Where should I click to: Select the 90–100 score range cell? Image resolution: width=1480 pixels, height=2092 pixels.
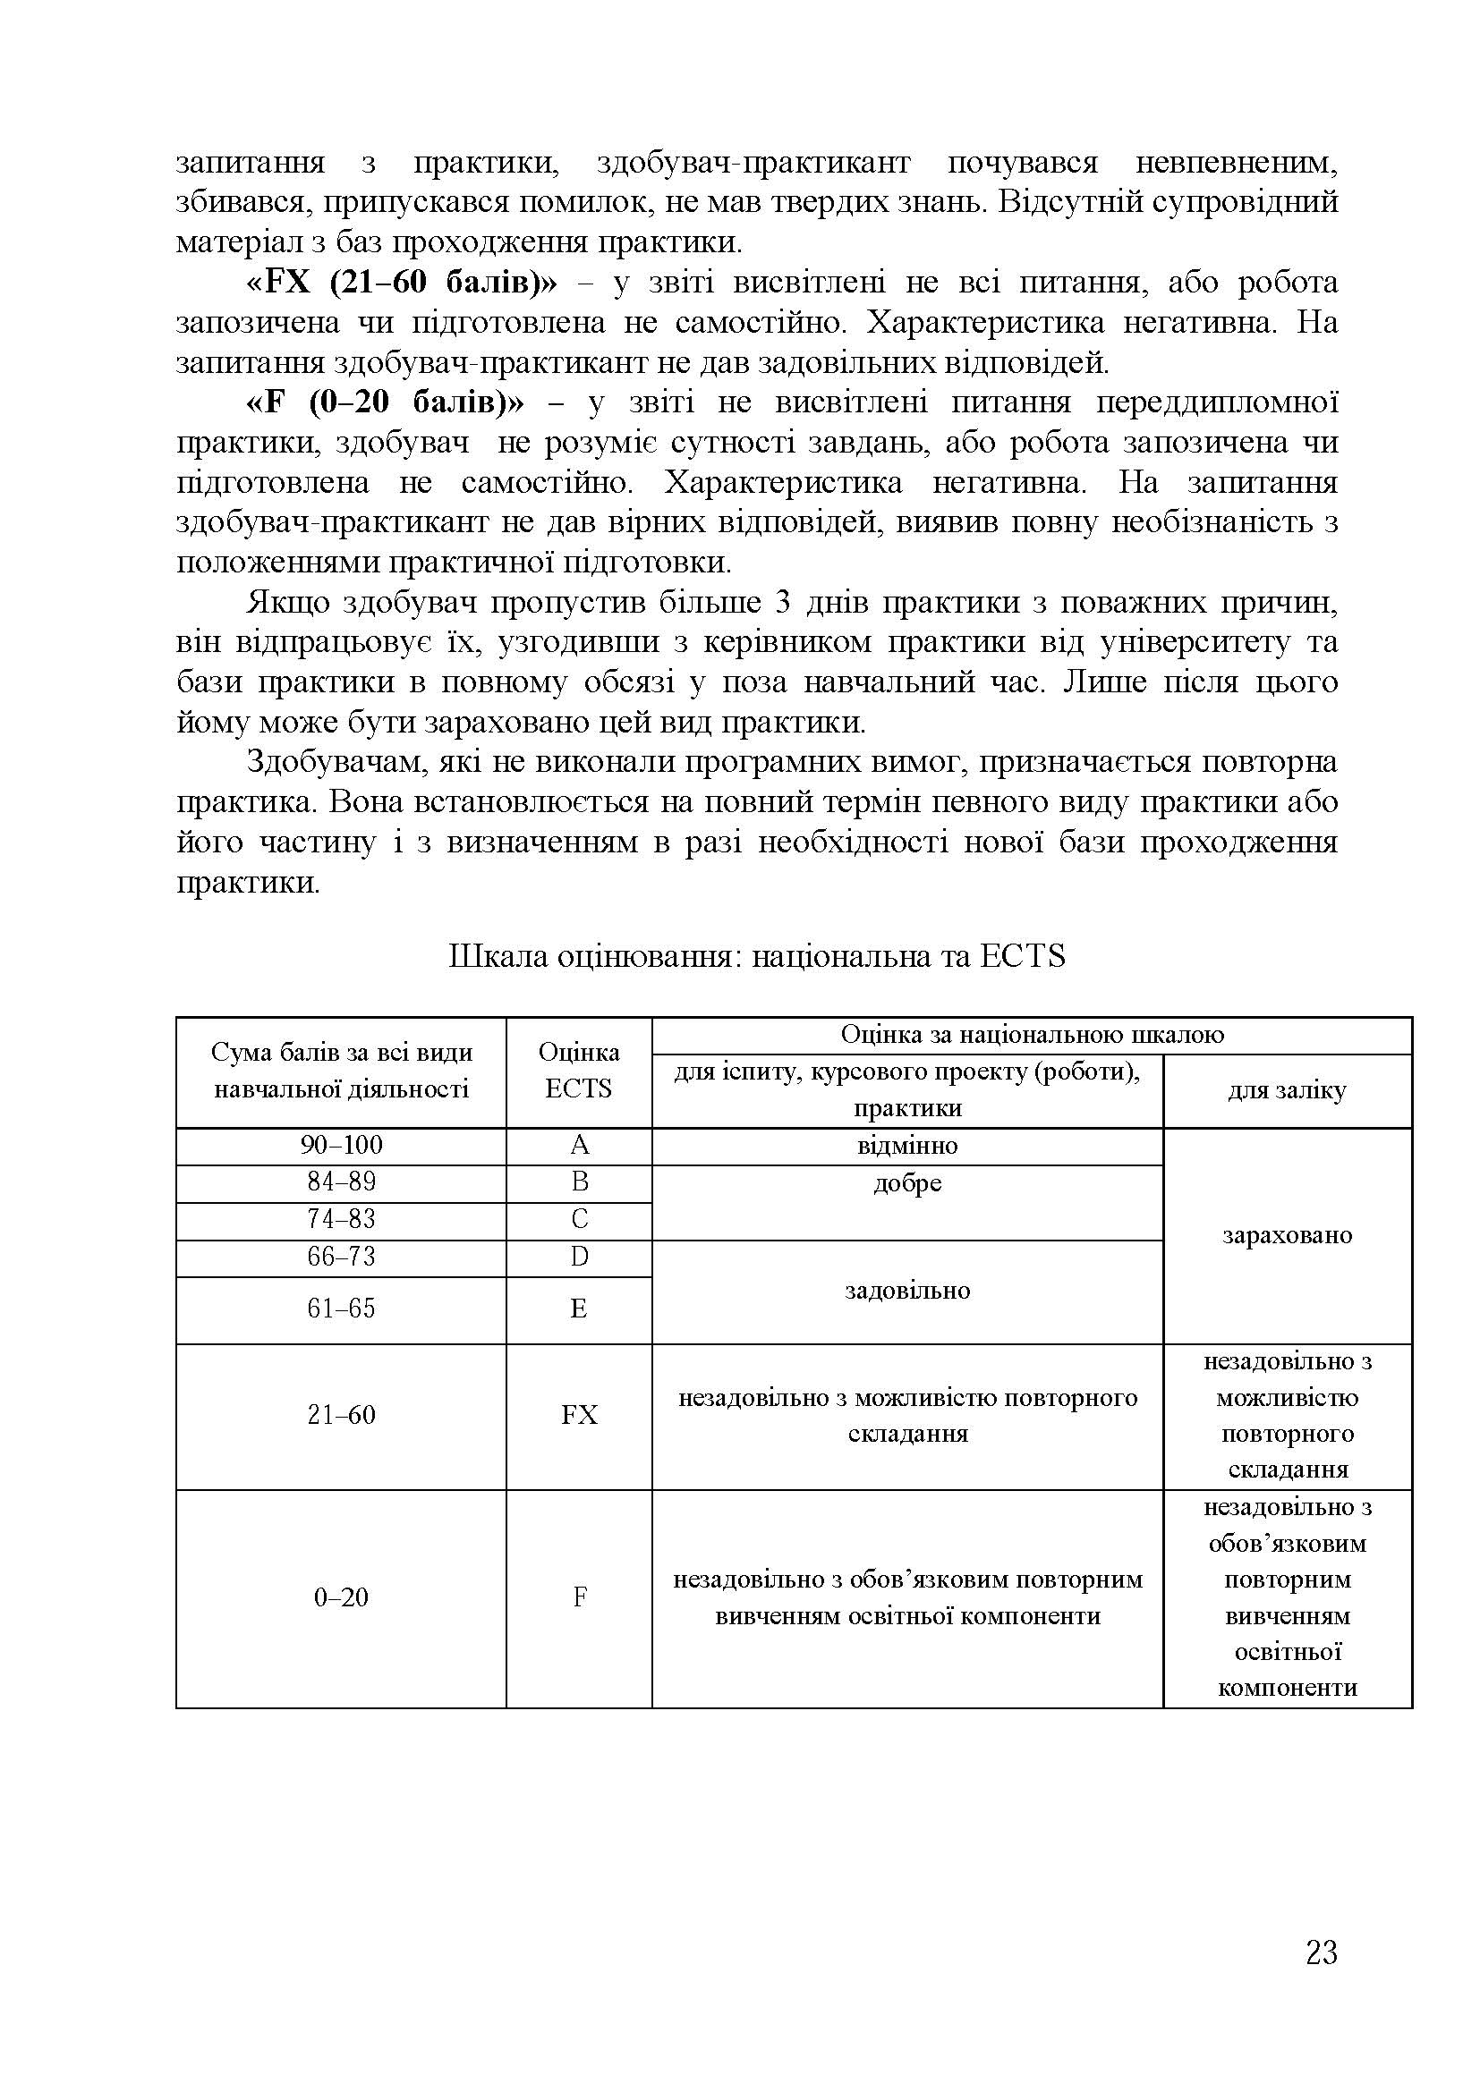tap(341, 1146)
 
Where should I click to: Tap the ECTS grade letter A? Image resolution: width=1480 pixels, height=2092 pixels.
tap(579, 1146)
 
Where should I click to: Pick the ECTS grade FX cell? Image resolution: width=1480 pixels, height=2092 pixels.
tap(579, 1415)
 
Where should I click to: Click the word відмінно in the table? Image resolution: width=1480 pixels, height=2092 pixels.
tap(906, 1146)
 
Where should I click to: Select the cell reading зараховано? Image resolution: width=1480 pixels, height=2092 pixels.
tap(1287, 1235)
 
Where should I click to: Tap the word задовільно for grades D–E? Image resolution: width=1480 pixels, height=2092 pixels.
tap(906, 1291)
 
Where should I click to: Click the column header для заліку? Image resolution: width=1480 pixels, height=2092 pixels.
tap(1287, 1090)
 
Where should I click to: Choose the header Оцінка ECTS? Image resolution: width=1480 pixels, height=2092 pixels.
tap(579, 1071)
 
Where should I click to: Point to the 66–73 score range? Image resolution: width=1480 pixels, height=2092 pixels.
tap(341, 1258)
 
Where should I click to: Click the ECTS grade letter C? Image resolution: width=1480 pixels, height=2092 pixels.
tap(579, 1220)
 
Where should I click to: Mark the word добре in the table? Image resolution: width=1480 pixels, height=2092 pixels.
tap(906, 1183)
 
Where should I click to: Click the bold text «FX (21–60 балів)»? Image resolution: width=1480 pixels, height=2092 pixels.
tap(401, 284)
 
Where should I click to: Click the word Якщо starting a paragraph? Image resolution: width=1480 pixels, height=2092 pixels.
tap(288, 603)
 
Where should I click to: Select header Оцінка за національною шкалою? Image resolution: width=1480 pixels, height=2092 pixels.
tap(1031, 1034)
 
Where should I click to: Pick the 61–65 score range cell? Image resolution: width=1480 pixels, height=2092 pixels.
tap(341, 1309)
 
